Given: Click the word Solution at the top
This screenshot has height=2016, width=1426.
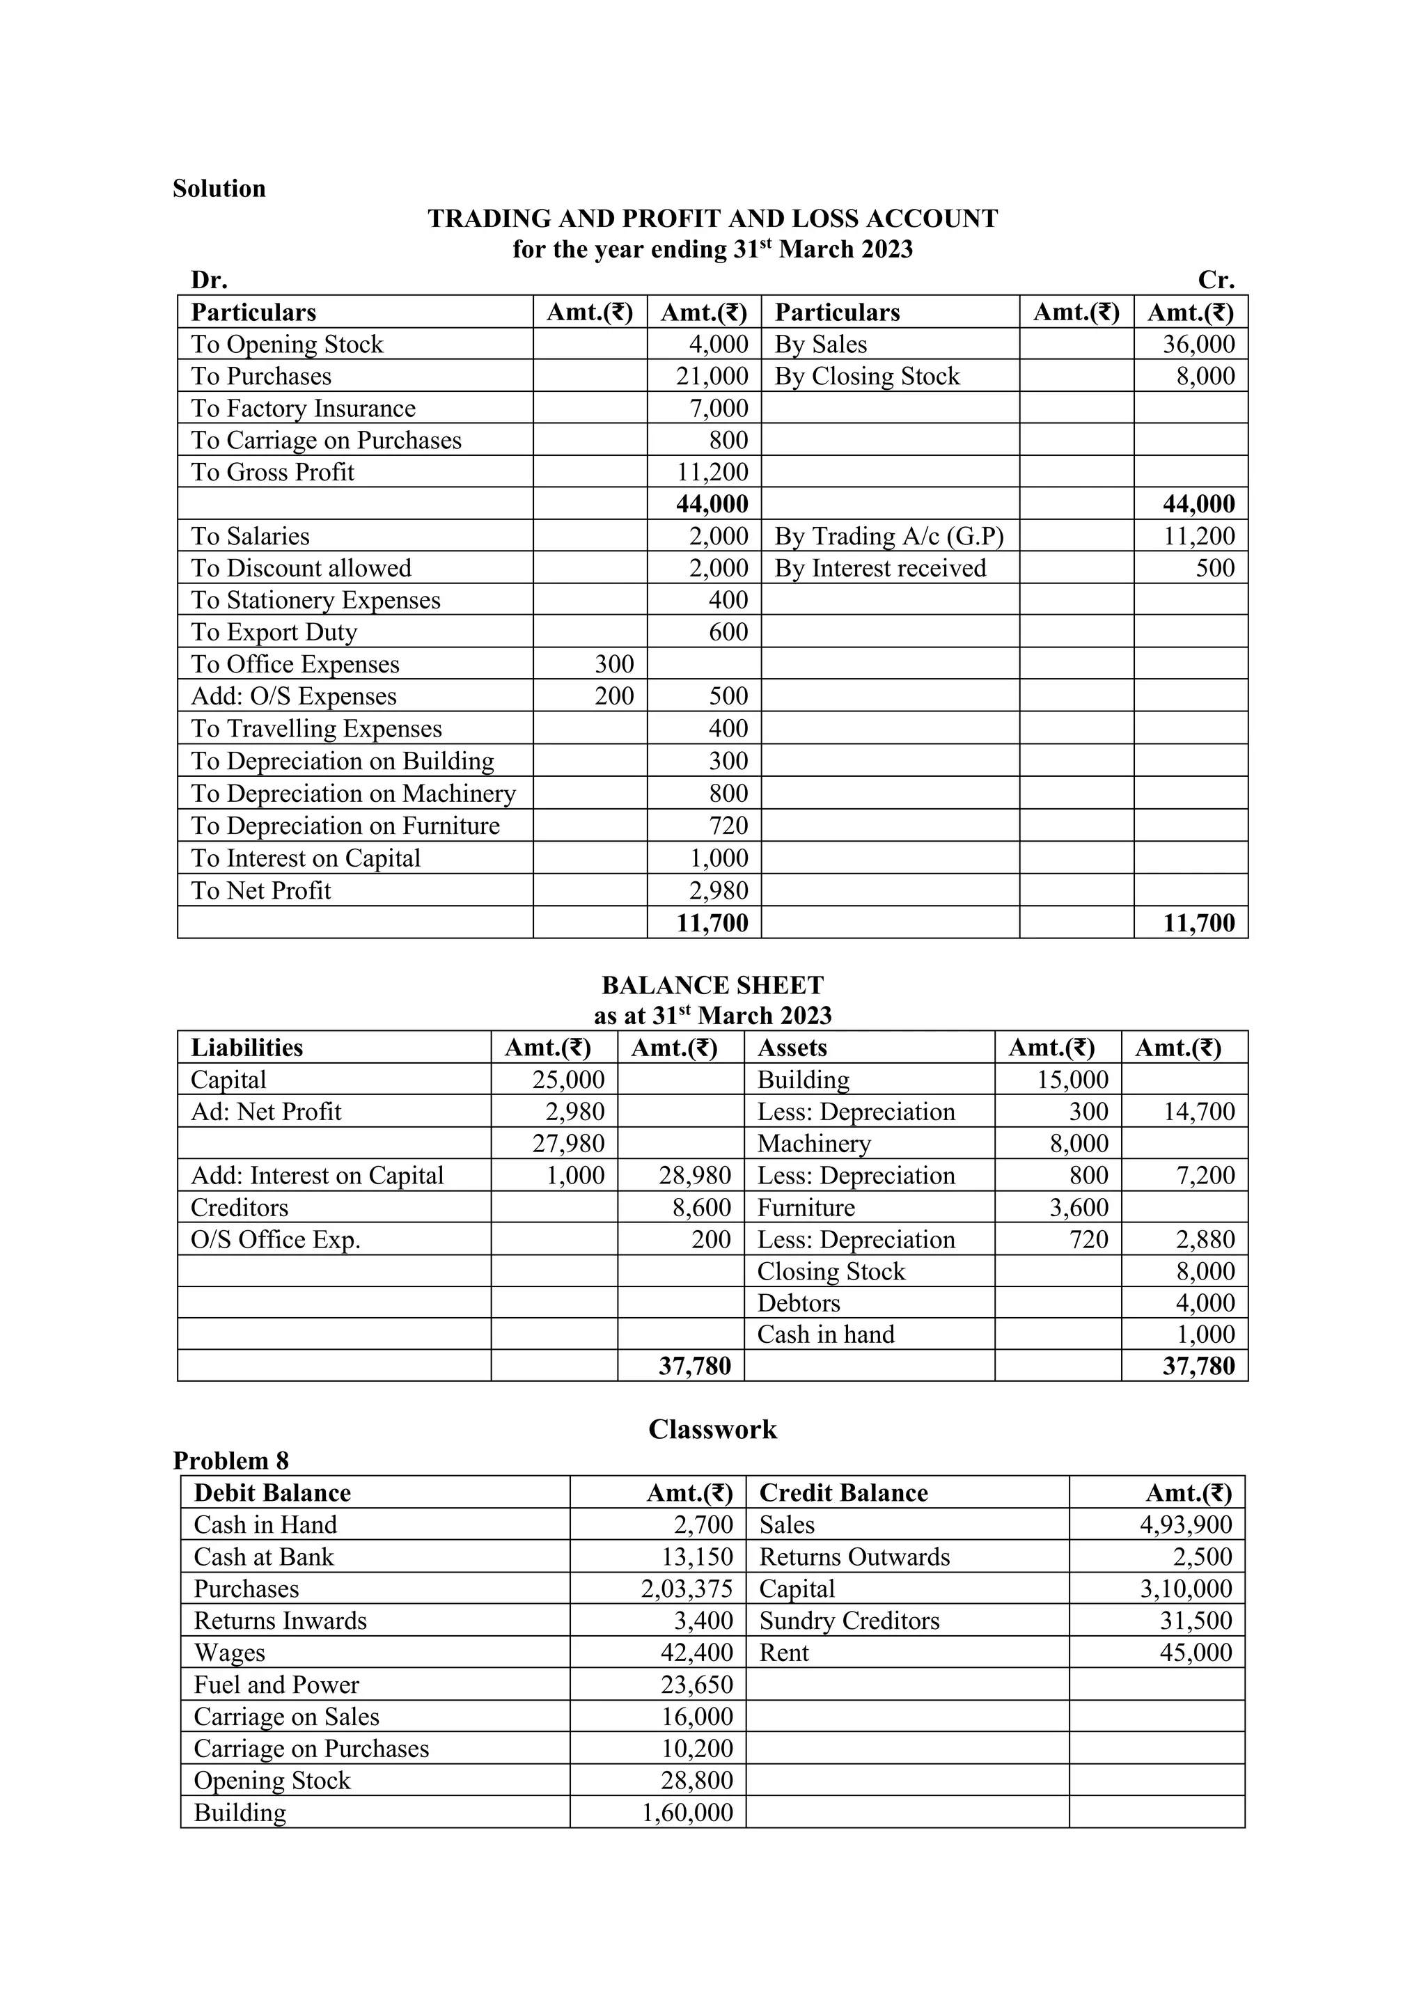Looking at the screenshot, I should (219, 189).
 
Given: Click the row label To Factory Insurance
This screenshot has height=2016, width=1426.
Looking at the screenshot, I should (303, 409).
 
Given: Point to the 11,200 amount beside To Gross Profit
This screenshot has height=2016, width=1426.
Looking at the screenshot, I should (712, 473).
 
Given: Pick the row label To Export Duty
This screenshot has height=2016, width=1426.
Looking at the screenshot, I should (274, 632).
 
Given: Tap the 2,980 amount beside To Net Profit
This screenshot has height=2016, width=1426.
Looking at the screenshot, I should (719, 890).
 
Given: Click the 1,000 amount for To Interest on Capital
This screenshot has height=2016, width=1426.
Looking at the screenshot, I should (719, 858).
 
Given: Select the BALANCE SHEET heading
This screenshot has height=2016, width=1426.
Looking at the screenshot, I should (712, 985).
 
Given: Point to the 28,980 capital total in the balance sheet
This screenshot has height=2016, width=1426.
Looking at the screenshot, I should (695, 1176).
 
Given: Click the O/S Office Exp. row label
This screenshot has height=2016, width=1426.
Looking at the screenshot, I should (276, 1240).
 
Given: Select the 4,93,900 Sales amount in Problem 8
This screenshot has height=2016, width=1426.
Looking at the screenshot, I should (1185, 1525).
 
